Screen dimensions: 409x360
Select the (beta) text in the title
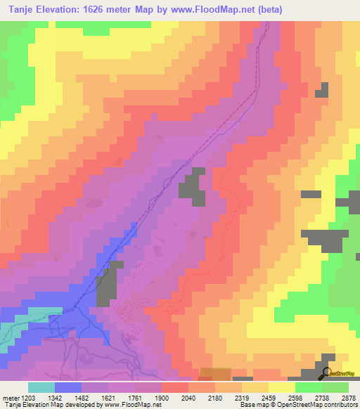pyautogui.click(x=267, y=8)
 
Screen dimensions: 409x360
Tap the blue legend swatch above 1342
pyautogui.click(x=67, y=387)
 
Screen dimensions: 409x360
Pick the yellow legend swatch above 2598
pyautogui.click(x=281, y=387)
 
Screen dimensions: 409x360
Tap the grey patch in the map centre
pyautogui.click(x=192, y=186)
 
